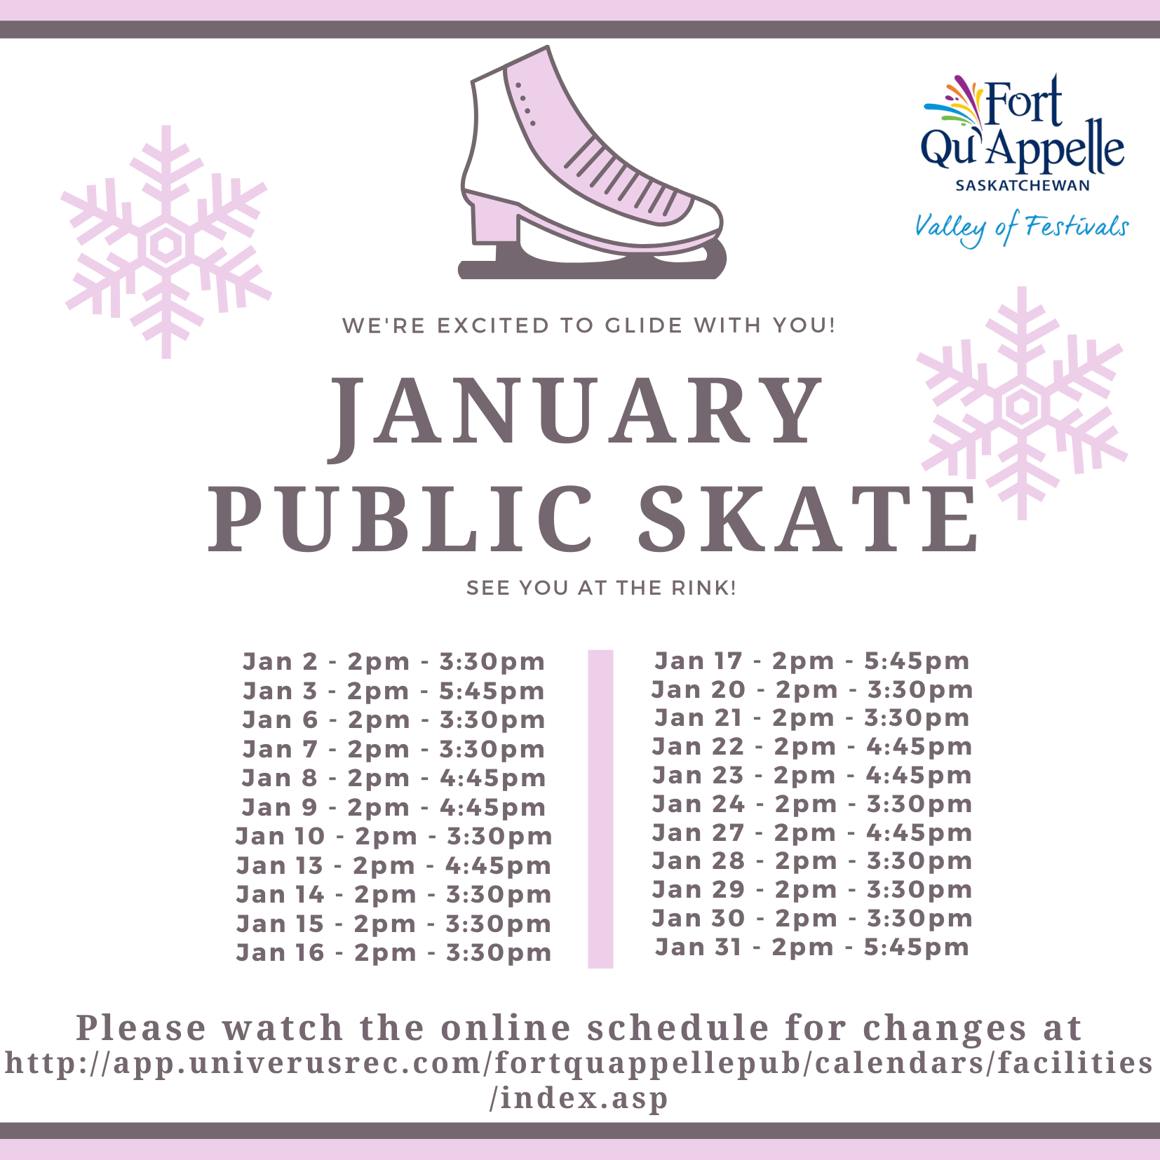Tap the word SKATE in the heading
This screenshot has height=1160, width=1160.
pos(808,518)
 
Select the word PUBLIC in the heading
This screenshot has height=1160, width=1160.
pos(402,518)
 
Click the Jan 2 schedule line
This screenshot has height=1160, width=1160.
pos(393,661)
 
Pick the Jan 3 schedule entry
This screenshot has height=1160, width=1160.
pos(393,691)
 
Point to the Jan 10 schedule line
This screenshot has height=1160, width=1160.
pos(393,836)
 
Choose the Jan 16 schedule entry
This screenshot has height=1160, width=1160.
pos(393,952)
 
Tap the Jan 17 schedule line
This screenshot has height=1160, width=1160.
pos(811,661)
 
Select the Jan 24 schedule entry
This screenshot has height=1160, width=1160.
pos(811,804)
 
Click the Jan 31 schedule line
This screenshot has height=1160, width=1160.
pos(811,947)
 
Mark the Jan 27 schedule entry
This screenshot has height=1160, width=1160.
pos(811,832)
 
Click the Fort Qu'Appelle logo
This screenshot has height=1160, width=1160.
pos(1023,133)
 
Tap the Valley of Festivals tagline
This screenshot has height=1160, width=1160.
pos(1021,229)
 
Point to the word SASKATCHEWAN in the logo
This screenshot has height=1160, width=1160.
pos(1023,186)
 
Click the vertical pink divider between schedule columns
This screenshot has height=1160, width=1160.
pos(600,809)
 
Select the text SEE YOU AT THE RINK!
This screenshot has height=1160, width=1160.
pos(601,588)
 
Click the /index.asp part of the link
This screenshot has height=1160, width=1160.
pos(579,1098)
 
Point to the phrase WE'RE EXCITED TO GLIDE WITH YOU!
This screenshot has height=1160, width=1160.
pos(589,325)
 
